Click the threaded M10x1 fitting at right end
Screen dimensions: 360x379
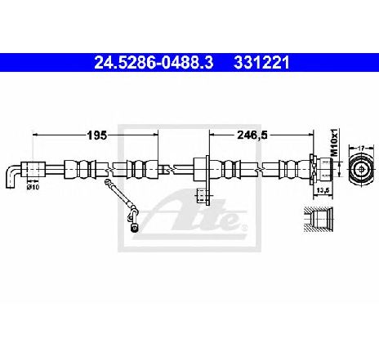(x=326, y=168)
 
